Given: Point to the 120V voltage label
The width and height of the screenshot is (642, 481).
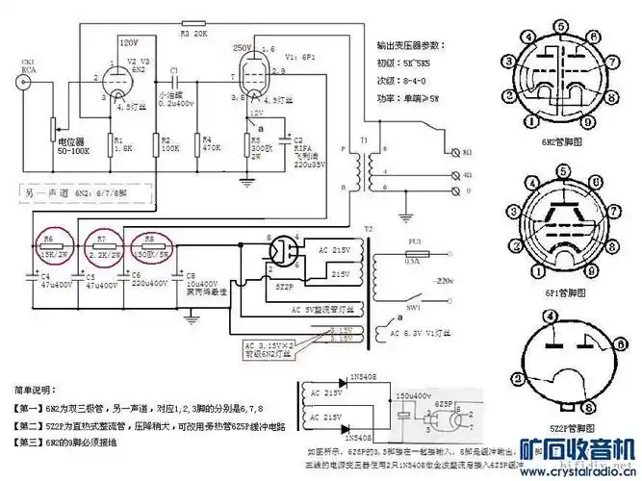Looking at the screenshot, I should pyautogui.click(x=129, y=43).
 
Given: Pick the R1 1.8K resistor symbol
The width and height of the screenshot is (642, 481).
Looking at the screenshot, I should pyautogui.click(x=107, y=145).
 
